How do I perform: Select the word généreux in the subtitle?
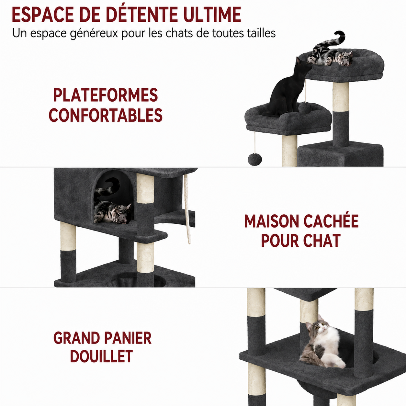click(x=94, y=34)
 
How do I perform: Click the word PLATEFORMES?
click(x=106, y=95)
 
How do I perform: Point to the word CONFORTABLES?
click(x=106, y=115)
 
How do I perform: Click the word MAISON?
click(x=272, y=221)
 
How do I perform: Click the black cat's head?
click(x=302, y=65)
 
